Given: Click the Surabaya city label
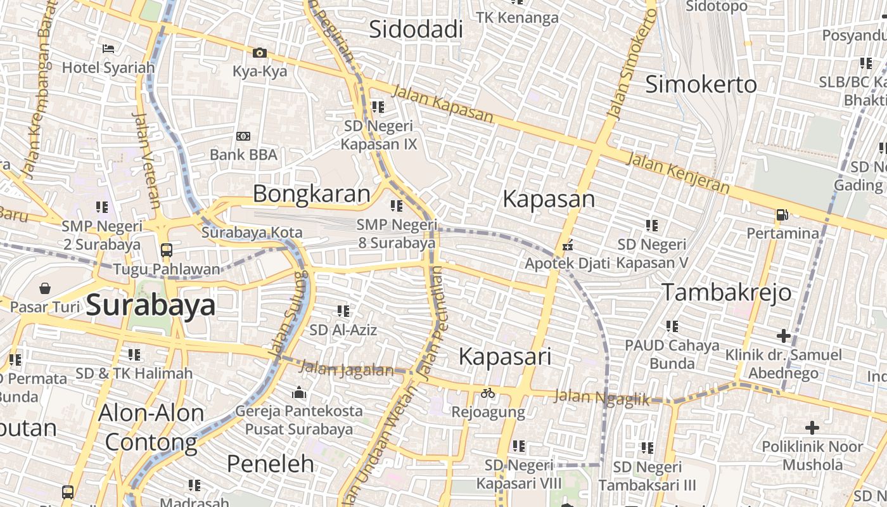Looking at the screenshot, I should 151,305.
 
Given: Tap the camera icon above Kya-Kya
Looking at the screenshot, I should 259,53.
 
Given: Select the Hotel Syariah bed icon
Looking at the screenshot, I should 108,48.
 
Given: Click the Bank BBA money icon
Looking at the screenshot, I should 243,136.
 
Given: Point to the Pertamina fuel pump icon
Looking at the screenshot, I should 782,215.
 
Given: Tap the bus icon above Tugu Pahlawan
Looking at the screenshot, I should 167,250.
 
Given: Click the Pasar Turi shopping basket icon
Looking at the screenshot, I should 45,289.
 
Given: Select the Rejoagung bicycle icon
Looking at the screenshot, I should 487,394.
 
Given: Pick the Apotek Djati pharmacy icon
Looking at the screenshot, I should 568,245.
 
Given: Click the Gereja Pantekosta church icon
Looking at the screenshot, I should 299,393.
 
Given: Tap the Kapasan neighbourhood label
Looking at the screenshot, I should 549,199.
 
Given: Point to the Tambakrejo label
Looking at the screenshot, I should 727,292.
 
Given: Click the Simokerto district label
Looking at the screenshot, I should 701,84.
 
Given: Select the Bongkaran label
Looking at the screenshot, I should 311,194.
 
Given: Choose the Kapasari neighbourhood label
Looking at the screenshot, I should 505,356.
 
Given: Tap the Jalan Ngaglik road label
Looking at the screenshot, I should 602,398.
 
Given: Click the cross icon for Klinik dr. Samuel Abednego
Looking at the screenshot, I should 784,335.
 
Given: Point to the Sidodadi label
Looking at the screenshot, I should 416,29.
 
